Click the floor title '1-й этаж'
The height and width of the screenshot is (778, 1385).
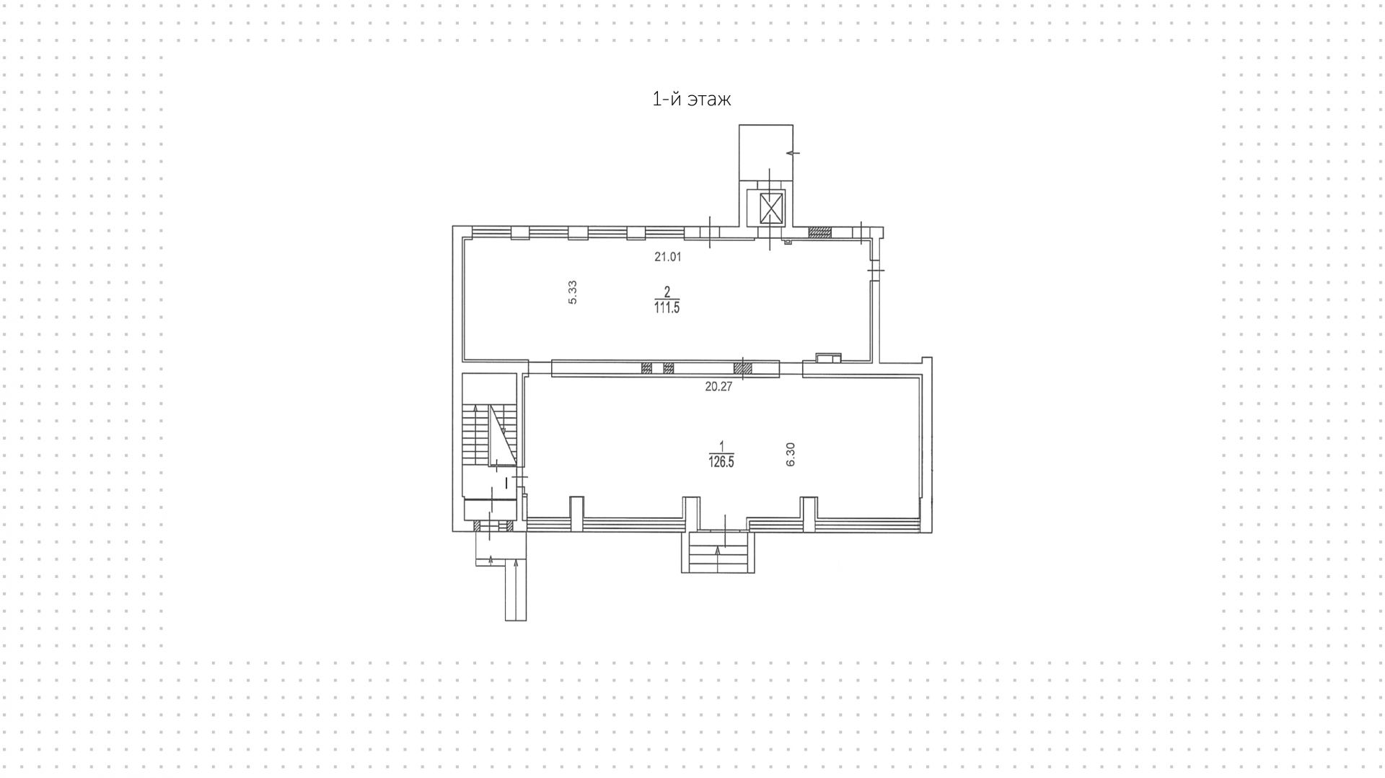(x=691, y=99)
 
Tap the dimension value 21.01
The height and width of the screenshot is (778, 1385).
(x=667, y=256)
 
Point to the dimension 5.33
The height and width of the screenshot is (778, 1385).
(x=573, y=292)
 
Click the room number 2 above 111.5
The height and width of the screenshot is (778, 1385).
(x=667, y=292)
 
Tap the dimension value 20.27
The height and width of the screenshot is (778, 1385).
(x=718, y=387)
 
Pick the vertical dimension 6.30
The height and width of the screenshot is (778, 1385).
(x=791, y=454)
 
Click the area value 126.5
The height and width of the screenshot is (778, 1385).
(x=721, y=463)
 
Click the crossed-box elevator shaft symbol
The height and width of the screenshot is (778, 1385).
(x=771, y=209)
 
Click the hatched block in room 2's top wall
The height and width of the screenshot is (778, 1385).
(x=819, y=232)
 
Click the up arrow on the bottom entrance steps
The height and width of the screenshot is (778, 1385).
(x=718, y=551)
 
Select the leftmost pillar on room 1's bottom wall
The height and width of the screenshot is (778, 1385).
(x=576, y=511)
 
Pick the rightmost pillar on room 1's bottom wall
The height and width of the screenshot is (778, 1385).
(x=809, y=511)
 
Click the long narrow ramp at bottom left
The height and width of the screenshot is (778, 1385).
(x=515, y=590)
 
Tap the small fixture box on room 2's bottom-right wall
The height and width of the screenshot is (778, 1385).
(x=828, y=357)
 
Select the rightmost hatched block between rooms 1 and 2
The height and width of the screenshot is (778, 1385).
(x=743, y=368)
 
